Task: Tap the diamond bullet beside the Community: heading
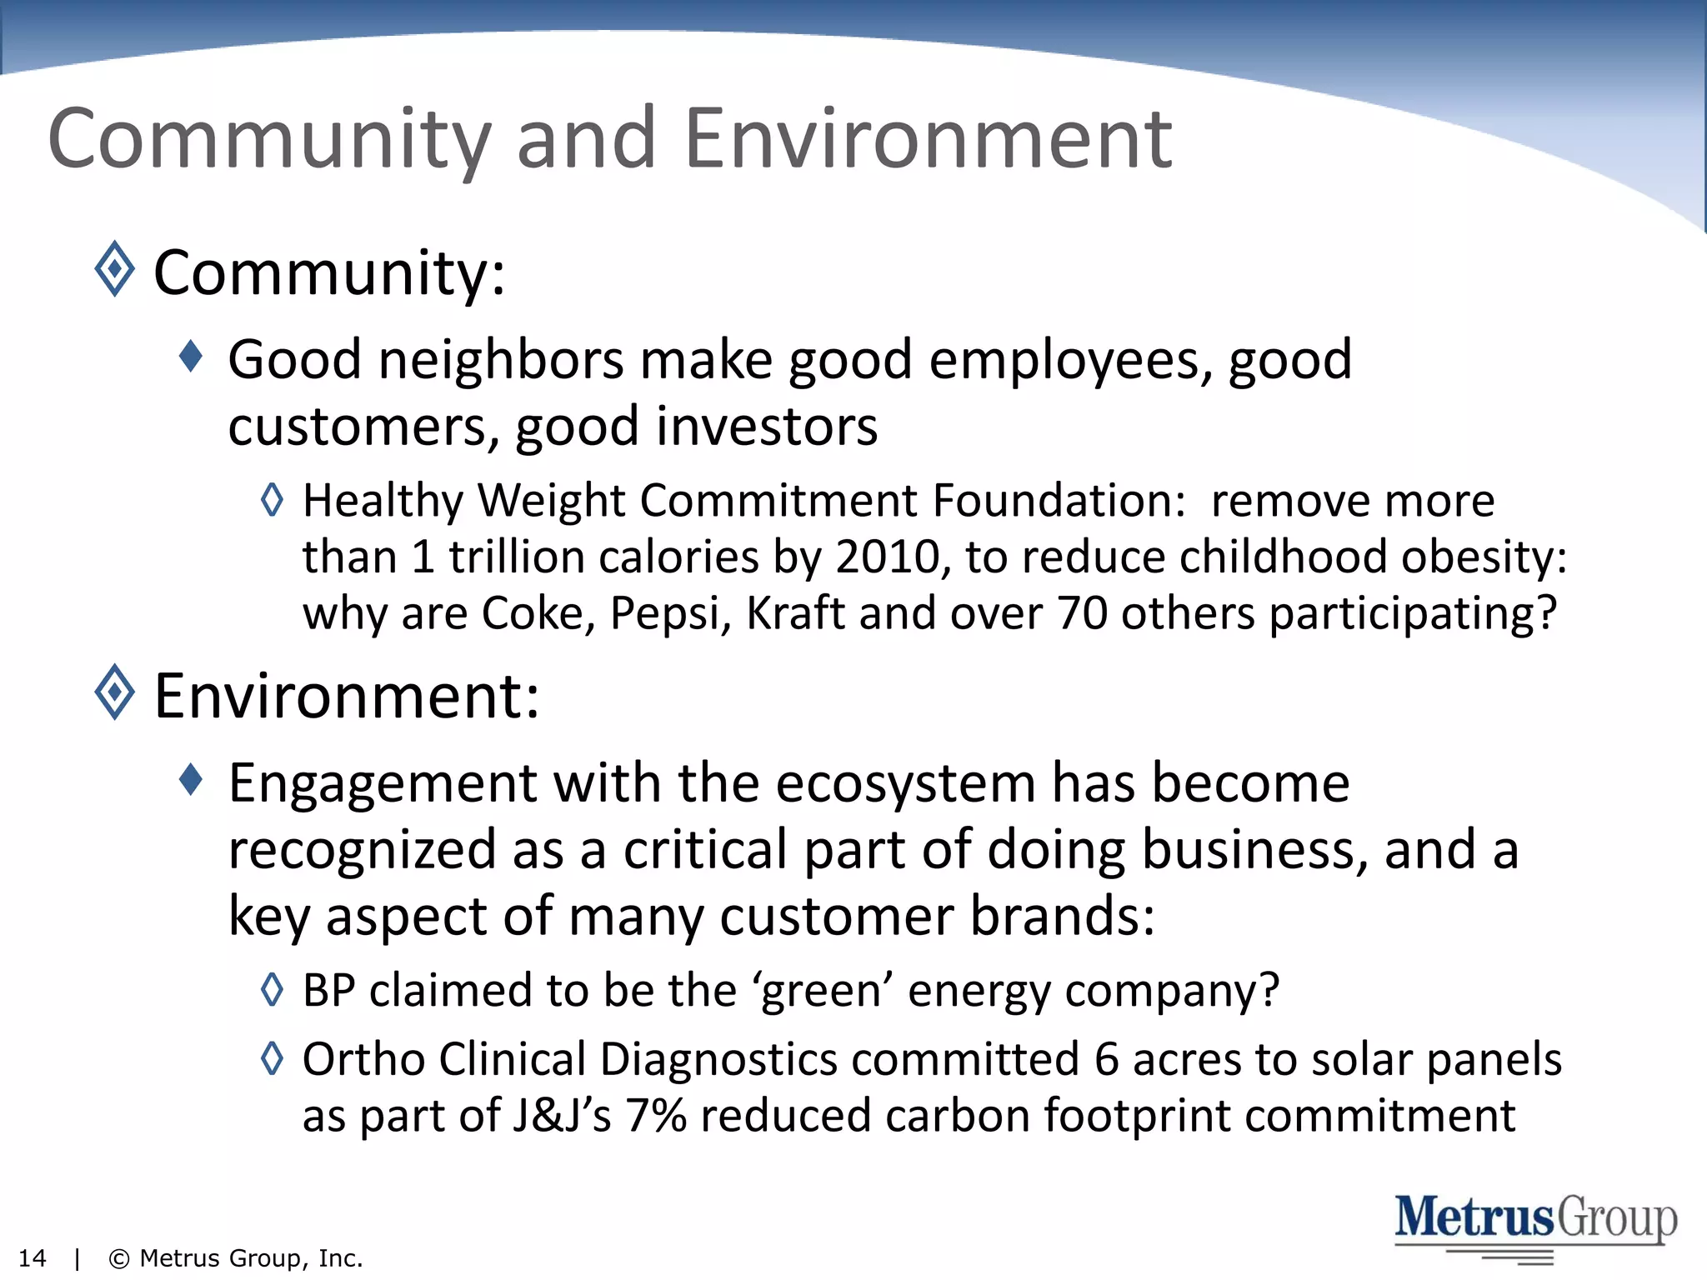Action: [114, 269]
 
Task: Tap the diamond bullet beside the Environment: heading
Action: [114, 692]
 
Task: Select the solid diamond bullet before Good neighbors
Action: [191, 357]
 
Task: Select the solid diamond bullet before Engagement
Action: [191, 780]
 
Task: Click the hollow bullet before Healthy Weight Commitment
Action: [272, 500]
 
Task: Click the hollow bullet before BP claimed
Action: [272, 989]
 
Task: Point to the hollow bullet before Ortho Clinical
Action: [272, 1058]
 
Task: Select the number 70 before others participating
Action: [1082, 614]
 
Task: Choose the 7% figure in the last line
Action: [655, 1116]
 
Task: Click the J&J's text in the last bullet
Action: [562, 1116]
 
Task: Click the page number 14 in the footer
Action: [32, 1258]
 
